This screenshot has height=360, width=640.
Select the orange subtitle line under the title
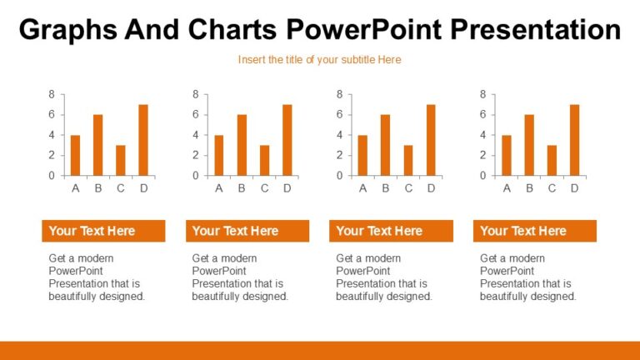pos(319,60)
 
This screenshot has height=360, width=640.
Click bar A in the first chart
pos(76,156)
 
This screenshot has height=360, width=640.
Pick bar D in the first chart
pos(143,140)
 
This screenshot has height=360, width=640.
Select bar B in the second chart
pos(242,145)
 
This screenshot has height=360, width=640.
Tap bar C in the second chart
pos(265,161)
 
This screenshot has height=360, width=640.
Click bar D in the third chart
pos(431,140)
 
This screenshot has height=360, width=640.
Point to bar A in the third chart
pos(363,156)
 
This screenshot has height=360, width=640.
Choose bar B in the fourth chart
pos(529,145)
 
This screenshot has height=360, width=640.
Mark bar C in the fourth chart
pos(552,161)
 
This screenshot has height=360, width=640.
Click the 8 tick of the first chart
pos(52,95)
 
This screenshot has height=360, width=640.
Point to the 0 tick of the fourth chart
pos(482,176)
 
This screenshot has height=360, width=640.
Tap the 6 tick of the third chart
pos(339,115)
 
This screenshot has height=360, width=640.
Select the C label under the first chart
pos(121,188)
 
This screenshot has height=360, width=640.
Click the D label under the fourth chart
pos(575,188)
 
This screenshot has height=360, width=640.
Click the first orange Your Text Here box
pos(103,231)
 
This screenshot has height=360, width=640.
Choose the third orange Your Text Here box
pos(391,231)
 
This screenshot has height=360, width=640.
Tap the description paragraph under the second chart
pos(240,277)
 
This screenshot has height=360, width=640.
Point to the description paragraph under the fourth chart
pos(527,277)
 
